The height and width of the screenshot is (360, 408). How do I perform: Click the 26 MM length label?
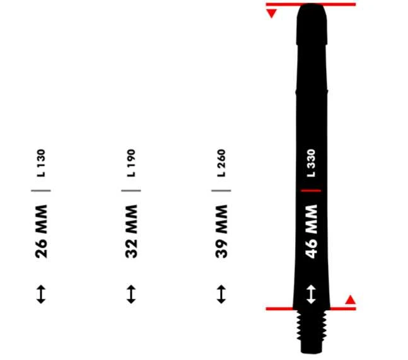[41, 231]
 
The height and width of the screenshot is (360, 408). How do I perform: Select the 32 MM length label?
[131, 231]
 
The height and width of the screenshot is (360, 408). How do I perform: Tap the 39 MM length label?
[221, 231]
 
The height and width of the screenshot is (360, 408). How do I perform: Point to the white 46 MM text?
[312, 231]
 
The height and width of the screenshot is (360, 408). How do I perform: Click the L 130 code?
[41, 163]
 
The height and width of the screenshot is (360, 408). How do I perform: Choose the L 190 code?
[131, 163]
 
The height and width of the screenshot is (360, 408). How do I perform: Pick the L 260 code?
[221, 163]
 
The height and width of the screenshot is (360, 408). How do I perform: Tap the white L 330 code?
[312, 163]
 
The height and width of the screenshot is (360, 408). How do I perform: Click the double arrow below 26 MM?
[41, 294]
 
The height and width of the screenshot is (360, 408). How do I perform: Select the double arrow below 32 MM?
[131, 294]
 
